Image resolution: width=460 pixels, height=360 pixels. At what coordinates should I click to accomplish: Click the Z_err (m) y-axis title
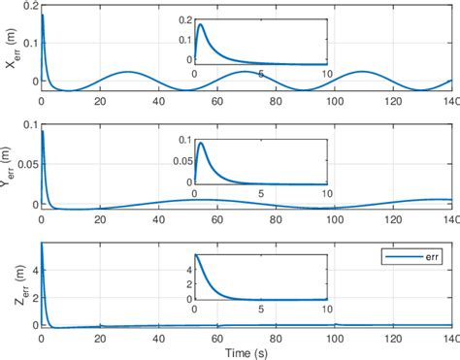click(x=9, y=285)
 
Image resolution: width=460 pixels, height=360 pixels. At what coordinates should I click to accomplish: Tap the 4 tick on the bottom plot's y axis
click(x=32, y=265)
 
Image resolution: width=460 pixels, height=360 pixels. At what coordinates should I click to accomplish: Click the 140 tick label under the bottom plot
click(x=449, y=338)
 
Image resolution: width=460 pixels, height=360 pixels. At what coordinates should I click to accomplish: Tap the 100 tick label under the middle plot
click(x=333, y=219)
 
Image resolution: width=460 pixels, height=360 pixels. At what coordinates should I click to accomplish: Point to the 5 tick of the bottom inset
click(x=261, y=310)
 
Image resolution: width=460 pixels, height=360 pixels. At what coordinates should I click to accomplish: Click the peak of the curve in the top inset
click(x=200, y=24)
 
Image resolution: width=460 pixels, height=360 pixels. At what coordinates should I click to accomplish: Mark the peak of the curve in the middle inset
click(x=200, y=144)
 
